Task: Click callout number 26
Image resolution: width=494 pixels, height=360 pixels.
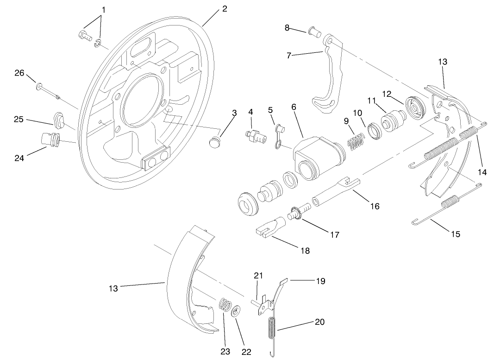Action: click(19, 73)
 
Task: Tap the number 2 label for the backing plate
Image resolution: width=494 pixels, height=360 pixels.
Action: click(225, 9)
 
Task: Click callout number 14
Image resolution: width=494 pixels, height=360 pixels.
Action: click(482, 172)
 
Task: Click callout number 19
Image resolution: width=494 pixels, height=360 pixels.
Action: click(320, 281)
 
